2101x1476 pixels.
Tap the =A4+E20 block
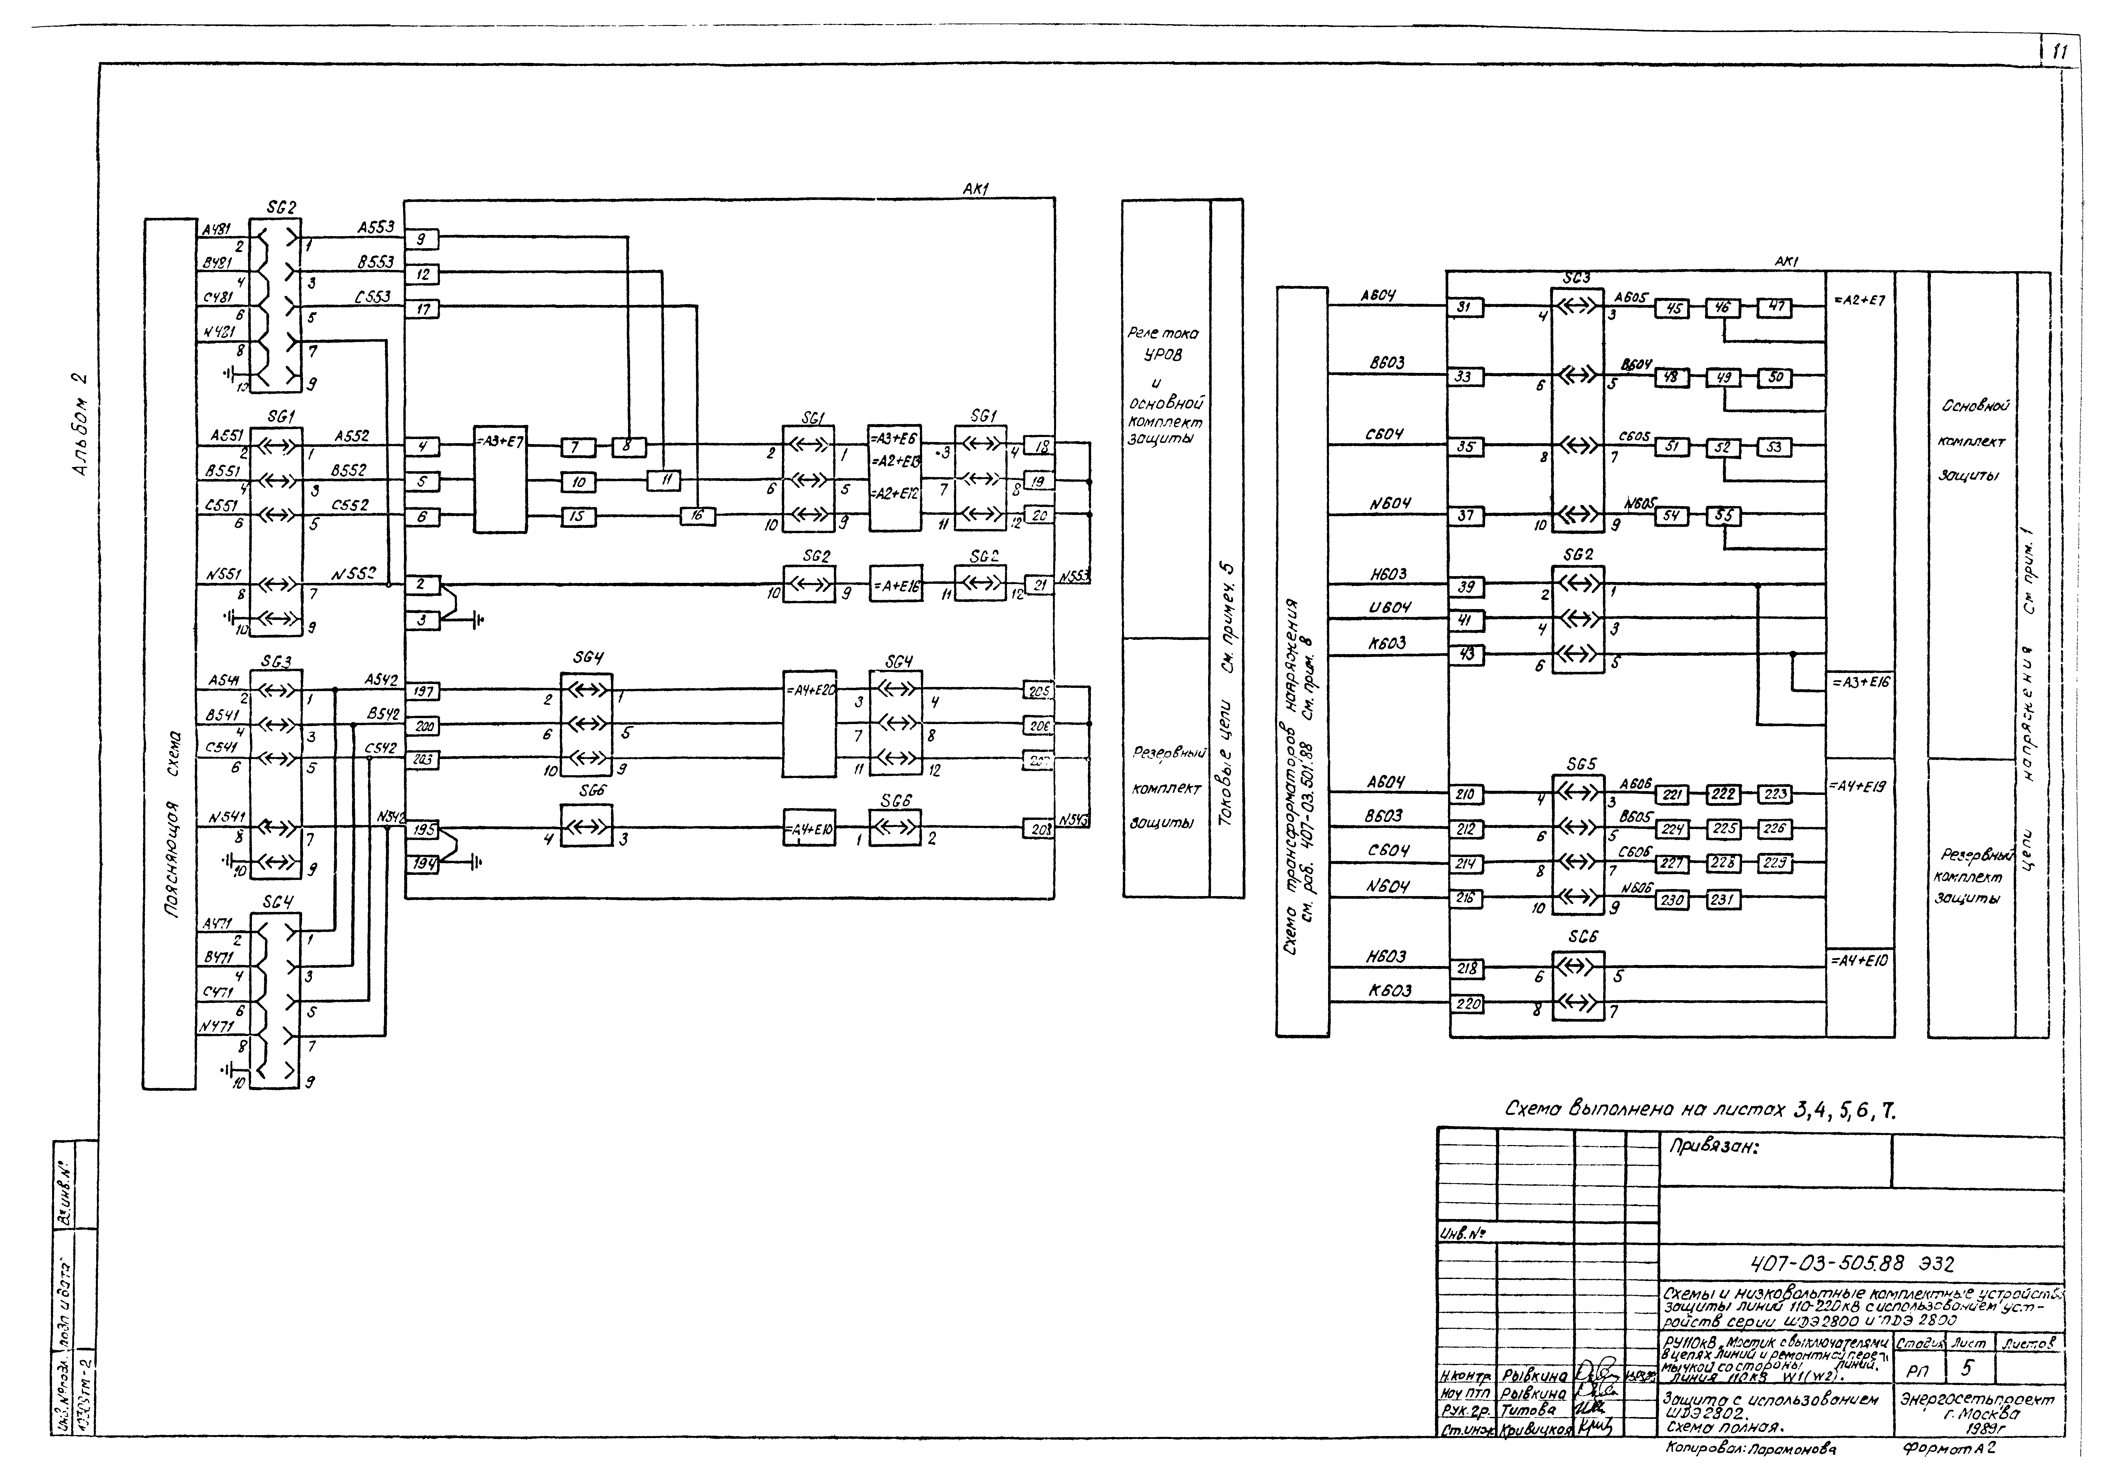(x=809, y=723)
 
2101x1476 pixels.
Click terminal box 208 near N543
(x=1038, y=829)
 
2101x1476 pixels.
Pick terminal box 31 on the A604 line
(x=1465, y=307)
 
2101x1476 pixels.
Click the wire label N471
(x=217, y=1027)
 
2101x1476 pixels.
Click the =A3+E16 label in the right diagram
(x=1859, y=683)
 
